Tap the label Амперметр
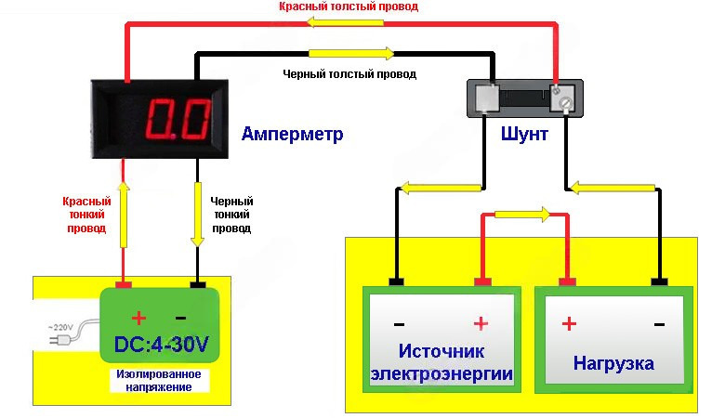click(292, 135)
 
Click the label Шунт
click(523, 135)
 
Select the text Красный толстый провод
click(349, 7)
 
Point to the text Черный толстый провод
click(349, 73)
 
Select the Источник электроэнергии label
click(442, 362)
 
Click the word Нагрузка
click(613, 362)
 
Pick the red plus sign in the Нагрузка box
click(568, 323)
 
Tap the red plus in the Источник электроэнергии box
click(481, 323)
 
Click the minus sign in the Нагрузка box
click(659, 324)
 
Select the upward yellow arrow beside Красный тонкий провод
click(125, 214)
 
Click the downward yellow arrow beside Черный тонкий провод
click(197, 214)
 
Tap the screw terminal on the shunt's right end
click(563, 95)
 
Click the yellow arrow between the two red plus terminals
click(523, 215)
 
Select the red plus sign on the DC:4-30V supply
click(139, 318)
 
